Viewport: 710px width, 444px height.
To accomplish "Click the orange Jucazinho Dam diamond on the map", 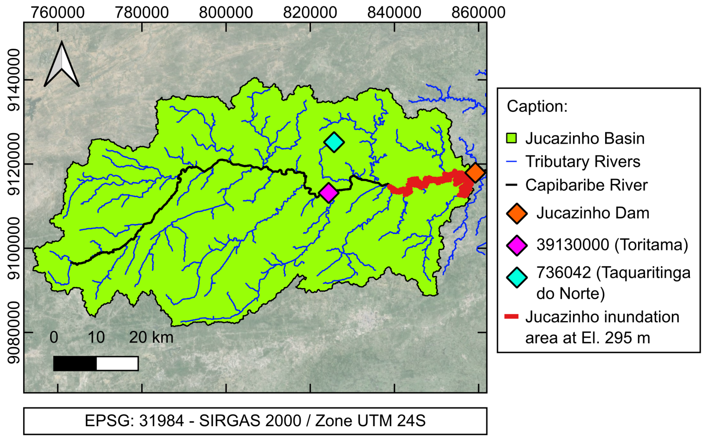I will [x=475, y=173].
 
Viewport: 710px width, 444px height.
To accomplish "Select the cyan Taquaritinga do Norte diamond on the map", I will [x=334, y=142].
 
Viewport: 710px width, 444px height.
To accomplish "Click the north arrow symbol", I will [x=62, y=65].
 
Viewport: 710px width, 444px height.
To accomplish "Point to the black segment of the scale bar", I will [x=75, y=363].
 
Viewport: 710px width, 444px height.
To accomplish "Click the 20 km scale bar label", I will [x=151, y=337].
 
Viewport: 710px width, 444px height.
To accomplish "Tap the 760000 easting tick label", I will [x=58, y=12].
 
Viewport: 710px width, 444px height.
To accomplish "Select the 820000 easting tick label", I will [x=310, y=12].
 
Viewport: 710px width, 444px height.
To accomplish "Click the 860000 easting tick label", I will [x=478, y=12].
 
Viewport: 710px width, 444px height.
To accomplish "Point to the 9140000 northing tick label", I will [x=14, y=80].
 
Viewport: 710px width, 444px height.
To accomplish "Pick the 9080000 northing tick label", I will [x=14, y=332].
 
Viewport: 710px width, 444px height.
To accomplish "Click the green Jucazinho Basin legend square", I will [x=511, y=138].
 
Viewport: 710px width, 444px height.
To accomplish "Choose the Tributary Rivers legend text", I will [x=583, y=162].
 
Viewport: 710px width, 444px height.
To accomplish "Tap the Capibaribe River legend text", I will [x=586, y=185].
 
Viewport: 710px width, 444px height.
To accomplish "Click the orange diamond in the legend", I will [x=517, y=213].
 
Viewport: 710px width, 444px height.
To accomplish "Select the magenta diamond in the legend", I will [x=517, y=245].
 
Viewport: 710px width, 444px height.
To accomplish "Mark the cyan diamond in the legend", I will [x=517, y=277].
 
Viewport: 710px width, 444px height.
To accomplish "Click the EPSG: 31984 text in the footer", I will [x=134, y=420].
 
